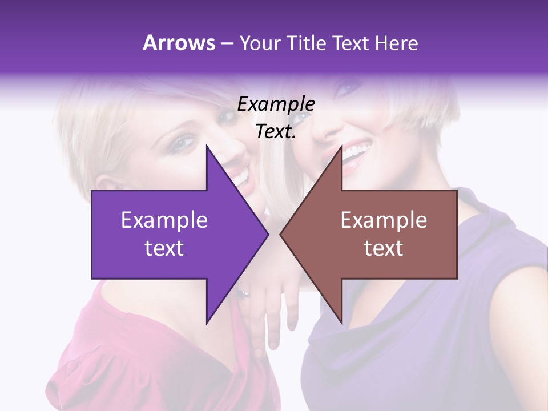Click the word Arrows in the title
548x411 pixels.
coord(179,43)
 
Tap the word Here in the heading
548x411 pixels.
coord(397,43)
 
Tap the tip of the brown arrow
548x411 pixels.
coord(281,235)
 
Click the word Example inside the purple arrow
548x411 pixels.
coord(164,220)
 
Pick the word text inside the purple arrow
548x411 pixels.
coord(164,248)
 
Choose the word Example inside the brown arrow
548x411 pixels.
coord(384,220)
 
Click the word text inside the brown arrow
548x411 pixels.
coord(384,248)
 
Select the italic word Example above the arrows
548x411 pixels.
coord(276,104)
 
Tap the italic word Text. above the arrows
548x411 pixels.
coord(276,132)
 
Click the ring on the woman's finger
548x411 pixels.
coord(243,295)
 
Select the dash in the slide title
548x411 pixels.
coord(227,44)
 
